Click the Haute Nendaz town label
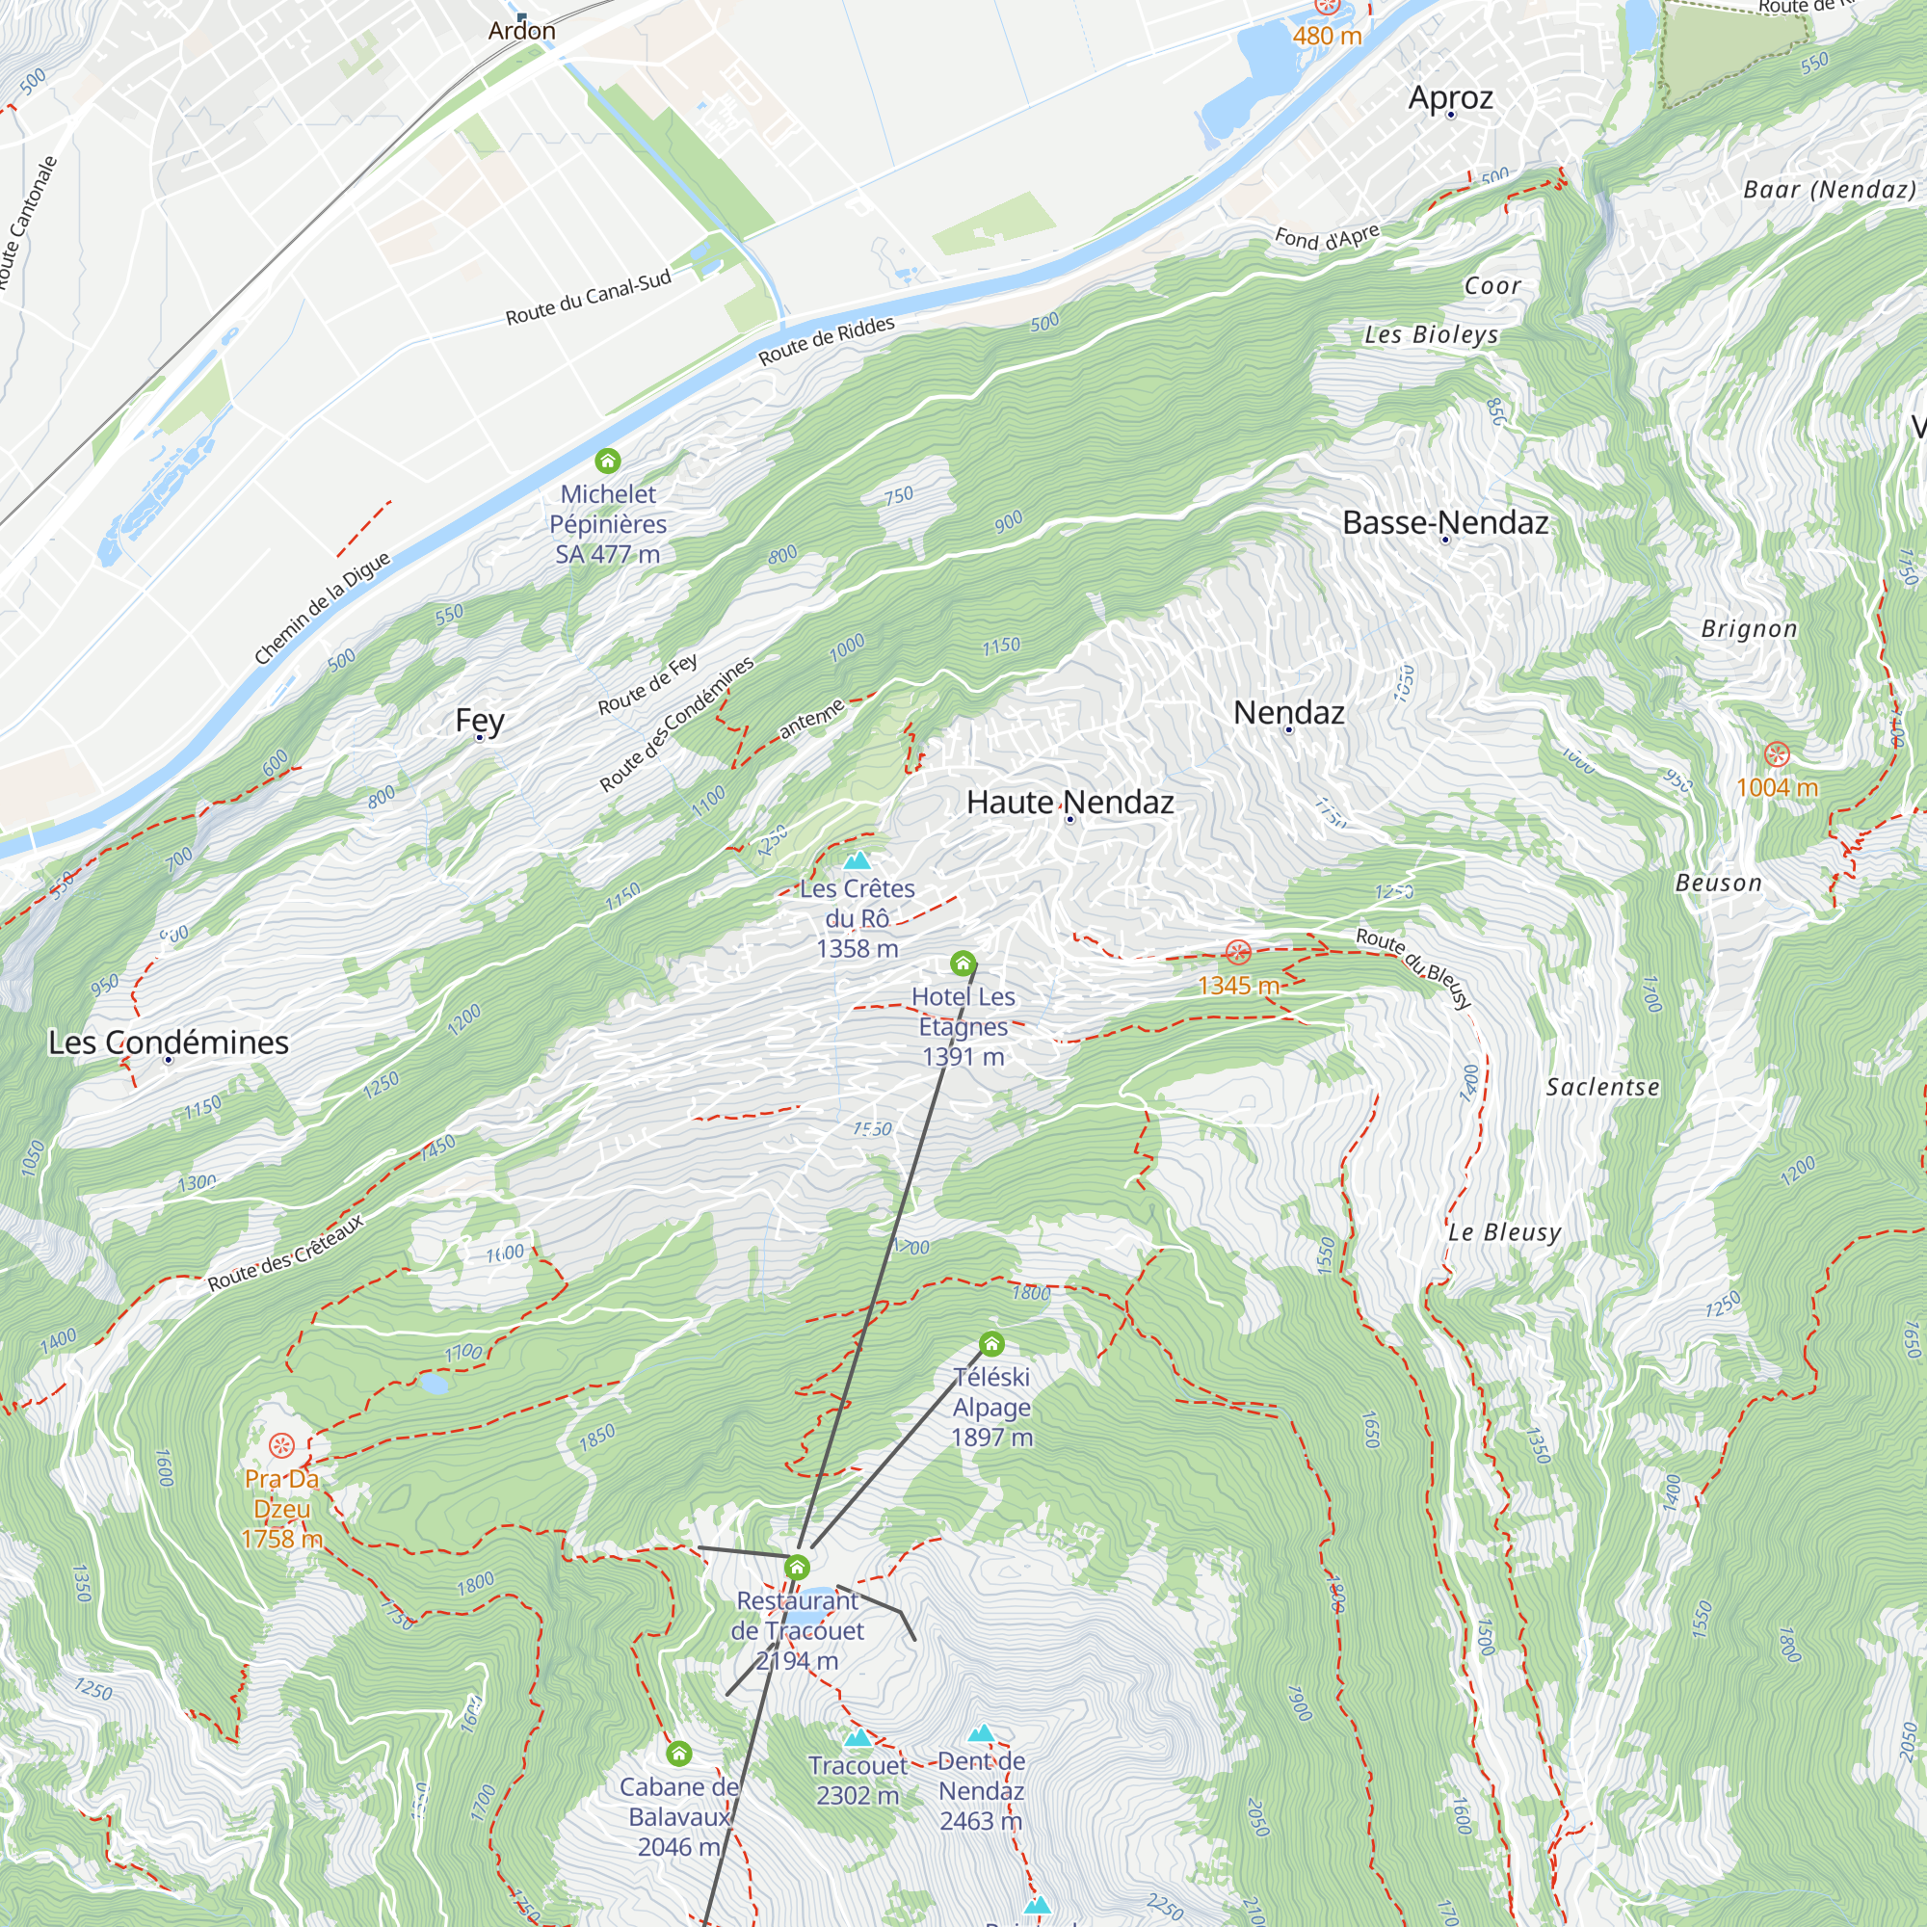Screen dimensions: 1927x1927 [1069, 802]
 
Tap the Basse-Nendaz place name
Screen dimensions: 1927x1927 [1444, 522]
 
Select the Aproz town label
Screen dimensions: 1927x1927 [1450, 97]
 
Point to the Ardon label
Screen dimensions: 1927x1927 [521, 31]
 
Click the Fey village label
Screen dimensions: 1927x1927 [480, 720]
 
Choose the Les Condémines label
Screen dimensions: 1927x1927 [169, 1043]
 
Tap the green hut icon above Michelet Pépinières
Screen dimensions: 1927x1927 [607, 461]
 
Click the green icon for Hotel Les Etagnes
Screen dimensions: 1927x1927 [963, 963]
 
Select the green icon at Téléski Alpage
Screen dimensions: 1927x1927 [990, 1344]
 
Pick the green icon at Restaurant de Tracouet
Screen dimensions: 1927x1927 [796, 1567]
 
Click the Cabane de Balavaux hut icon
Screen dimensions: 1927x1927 [678, 1754]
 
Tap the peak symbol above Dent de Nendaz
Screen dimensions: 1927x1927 [982, 1733]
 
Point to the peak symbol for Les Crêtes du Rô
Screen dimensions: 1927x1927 [857, 860]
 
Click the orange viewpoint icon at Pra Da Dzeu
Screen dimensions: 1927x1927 [281, 1444]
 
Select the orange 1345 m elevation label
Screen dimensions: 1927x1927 [1238, 986]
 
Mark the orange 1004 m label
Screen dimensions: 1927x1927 [1777, 788]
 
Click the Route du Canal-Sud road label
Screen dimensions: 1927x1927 [588, 297]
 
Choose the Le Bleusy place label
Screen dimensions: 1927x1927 [1504, 1231]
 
